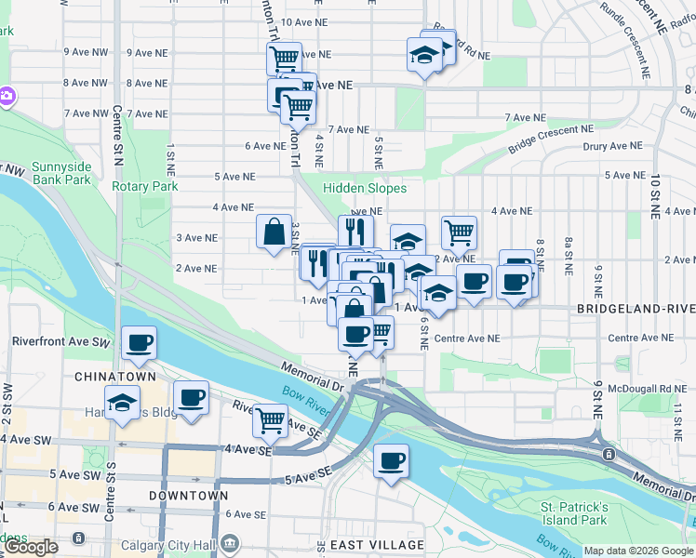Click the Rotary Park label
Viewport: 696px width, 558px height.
click(x=144, y=186)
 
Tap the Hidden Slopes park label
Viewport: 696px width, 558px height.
click(x=365, y=188)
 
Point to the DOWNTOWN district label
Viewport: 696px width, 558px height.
click(x=188, y=496)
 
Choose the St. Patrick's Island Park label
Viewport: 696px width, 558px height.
click(x=575, y=513)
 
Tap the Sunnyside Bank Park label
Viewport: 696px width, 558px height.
click(x=60, y=174)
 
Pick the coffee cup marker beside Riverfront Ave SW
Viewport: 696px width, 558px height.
click(x=139, y=343)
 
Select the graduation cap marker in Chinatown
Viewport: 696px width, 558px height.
click(x=122, y=403)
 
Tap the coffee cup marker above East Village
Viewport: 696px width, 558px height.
click(x=391, y=460)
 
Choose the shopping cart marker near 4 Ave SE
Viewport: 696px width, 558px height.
click(x=271, y=420)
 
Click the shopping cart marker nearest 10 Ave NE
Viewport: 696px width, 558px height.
click(x=284, y=59)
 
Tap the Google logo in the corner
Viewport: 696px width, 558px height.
click(x=32, y=547)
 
